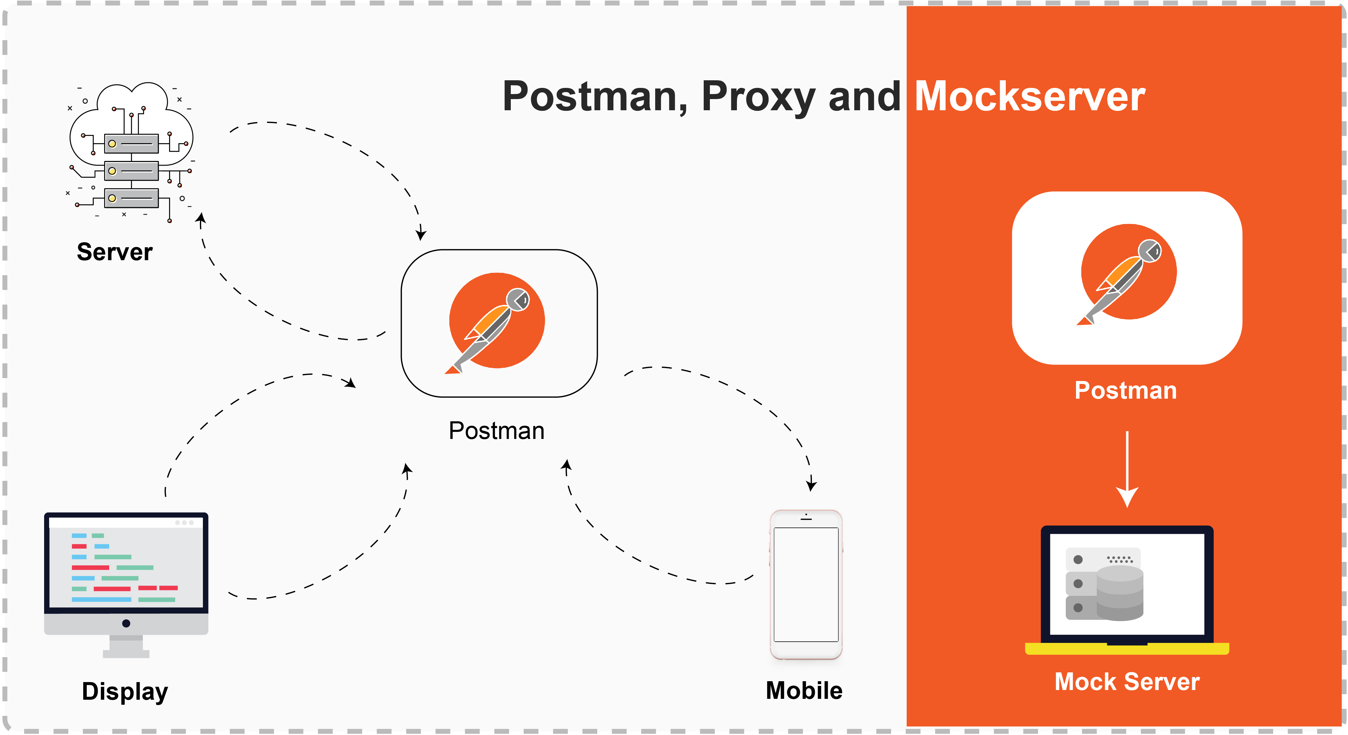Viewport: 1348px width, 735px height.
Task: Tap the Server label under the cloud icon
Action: pyautogui.click(x=115, y=252)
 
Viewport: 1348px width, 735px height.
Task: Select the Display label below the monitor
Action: pyautogui.click(x=125, y=691)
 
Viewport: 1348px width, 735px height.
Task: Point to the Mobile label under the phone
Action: pyautogui.click(x=804, y=691)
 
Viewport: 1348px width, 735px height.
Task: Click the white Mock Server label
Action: pyautogui.click(x=1127, y=682)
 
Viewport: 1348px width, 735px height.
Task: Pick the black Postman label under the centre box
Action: pyautogui.click(x=497, y=431)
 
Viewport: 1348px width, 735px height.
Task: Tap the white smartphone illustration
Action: pyautogui.click(x=806, y=584)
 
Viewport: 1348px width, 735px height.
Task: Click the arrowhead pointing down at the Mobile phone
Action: pyautogui.click(x=811, y=485)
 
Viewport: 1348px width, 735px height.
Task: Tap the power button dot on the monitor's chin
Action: pyautogui.click(x=126, y=623)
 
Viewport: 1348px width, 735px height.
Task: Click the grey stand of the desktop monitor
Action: pyautogui.click(x=126, y=648)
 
